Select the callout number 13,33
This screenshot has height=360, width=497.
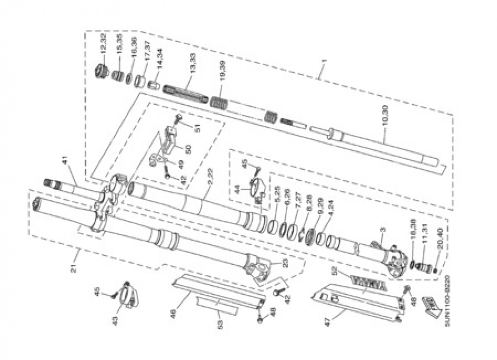[x=192, y=64]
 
